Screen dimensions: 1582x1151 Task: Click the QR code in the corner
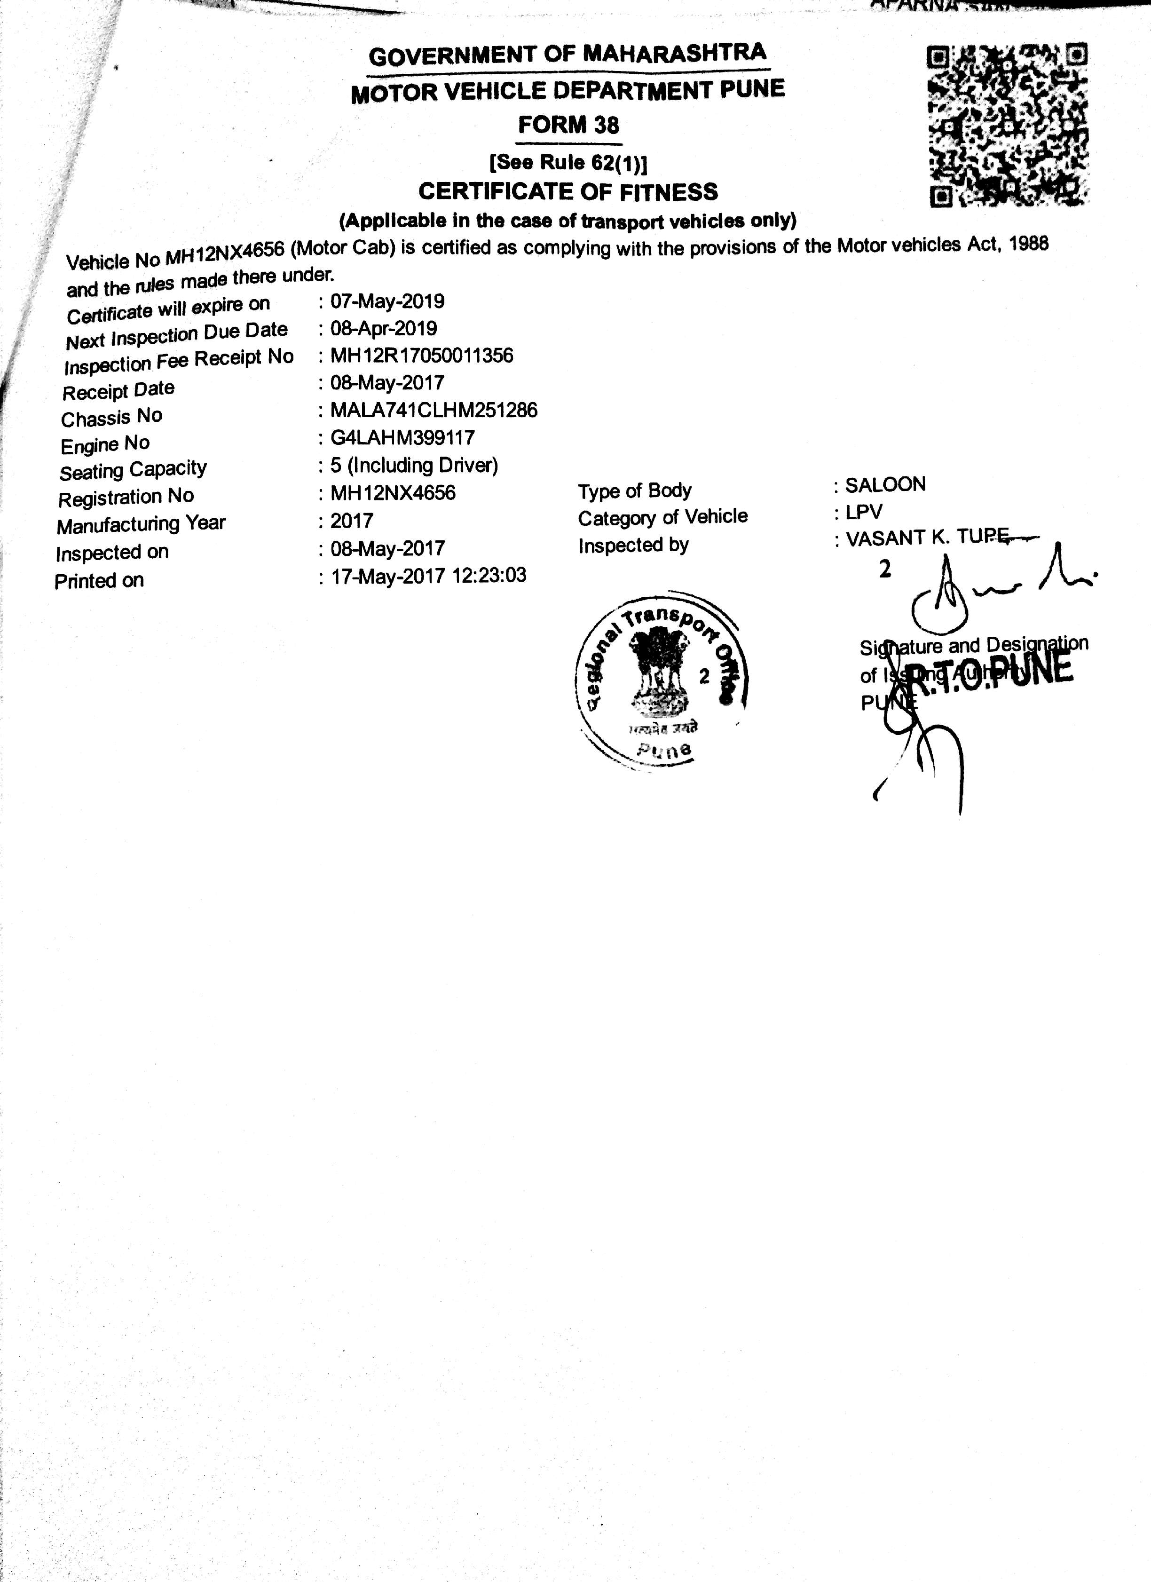[x=1008, y=126]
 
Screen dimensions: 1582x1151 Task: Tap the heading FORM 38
[x=568, y=125]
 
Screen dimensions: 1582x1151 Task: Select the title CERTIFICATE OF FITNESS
[x=568, y=191]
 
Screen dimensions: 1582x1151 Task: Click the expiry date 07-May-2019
[x=387, y=301]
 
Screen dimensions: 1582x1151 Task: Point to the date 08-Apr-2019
[x=384, y=329]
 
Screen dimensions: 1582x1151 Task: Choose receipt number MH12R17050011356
[x=421, y=356]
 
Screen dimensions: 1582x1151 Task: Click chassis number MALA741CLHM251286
[x=434, y=410]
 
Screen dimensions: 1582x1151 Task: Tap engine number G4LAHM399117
[x=402, y=438]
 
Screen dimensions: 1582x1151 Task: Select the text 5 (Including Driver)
[x=414, y=465]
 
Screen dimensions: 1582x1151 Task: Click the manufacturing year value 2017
[x=352, y=521]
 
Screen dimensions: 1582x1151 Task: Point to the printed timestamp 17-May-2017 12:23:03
[x=428, y=576]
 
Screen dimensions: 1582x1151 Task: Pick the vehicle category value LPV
[x=864, y=512]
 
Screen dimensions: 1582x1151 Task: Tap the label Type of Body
[x=634, y=491]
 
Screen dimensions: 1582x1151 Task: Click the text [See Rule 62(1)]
[x=568, y=163]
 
